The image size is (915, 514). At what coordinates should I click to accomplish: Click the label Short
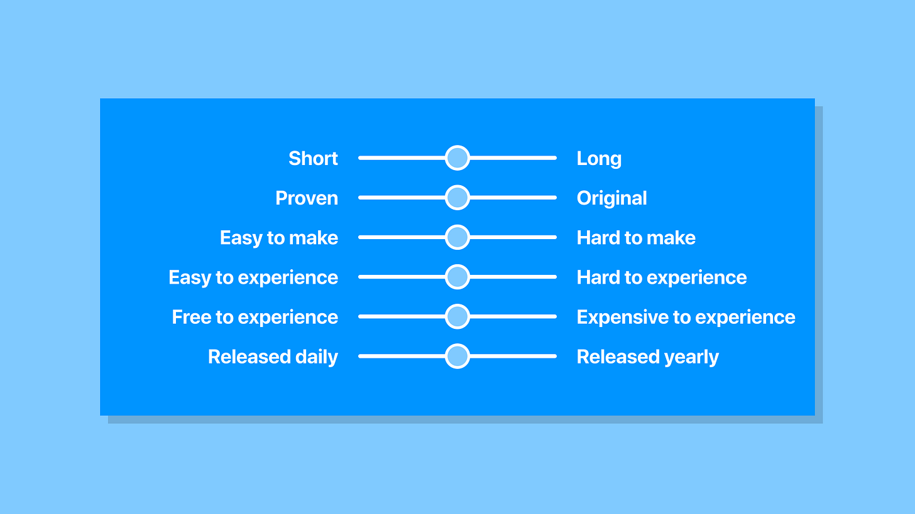(x=314, y=158)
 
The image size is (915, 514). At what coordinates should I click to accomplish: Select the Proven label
(x=307, y=198)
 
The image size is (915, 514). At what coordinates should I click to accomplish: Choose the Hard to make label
(x=636, y=237)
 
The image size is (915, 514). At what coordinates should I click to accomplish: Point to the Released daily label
(x=273, y=357)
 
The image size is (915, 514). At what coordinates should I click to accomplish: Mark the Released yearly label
(x=647, y=357)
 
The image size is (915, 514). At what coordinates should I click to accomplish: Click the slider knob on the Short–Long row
(x=457, y=158)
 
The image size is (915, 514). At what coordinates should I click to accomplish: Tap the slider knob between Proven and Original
(x=457, y=198)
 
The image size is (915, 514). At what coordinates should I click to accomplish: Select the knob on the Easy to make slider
(x=457, y=237)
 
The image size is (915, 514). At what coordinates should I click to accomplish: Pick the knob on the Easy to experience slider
(x=457, y=277)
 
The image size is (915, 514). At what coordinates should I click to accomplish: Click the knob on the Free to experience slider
(x=457, y=316)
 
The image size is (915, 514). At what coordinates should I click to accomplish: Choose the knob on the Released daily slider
(x=457, y=356)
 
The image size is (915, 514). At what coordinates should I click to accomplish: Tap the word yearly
(x=691, y=358)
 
